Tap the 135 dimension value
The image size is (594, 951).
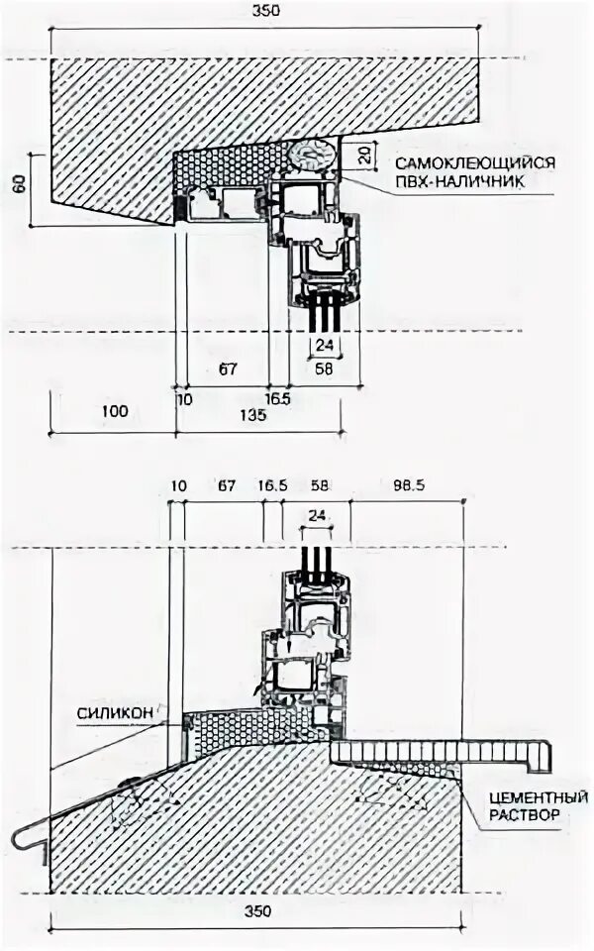[253, 416]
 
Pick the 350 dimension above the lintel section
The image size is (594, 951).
[266, 12]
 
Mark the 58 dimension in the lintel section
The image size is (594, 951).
[323, 370]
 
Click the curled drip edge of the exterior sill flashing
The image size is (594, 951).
[22, 840]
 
